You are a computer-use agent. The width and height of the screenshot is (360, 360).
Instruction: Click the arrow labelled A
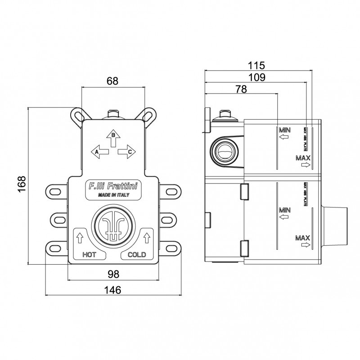(100, 152)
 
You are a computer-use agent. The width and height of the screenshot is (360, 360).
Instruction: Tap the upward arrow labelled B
(113, 137)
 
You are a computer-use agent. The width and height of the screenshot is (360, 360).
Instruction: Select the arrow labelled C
(127, 152)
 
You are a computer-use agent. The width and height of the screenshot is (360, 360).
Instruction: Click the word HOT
(90, 255)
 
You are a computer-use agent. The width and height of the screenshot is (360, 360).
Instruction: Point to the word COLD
(137, 255)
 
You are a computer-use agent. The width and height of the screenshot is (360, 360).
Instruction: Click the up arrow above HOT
(80, 236)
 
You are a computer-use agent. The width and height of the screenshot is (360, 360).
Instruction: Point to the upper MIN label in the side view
(285, 130)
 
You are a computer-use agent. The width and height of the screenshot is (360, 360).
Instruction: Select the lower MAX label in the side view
(302, 237)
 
